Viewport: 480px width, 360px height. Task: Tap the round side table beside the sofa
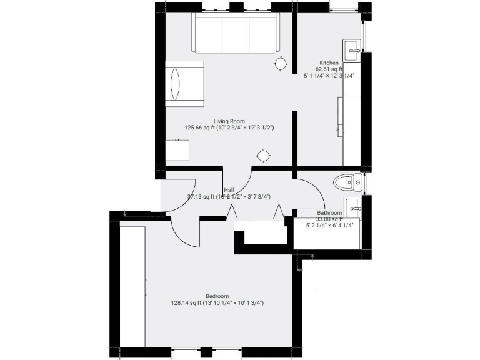281,63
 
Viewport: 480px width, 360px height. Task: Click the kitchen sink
352,49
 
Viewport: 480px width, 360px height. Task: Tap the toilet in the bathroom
347,182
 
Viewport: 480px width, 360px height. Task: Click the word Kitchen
329,63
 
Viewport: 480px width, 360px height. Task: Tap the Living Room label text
229,121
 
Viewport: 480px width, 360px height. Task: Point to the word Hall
229,190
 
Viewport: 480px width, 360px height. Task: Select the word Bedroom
217,296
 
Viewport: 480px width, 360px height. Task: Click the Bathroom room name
329,213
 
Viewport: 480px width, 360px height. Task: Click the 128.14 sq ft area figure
187,303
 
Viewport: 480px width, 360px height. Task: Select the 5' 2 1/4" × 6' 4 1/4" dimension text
329,226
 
